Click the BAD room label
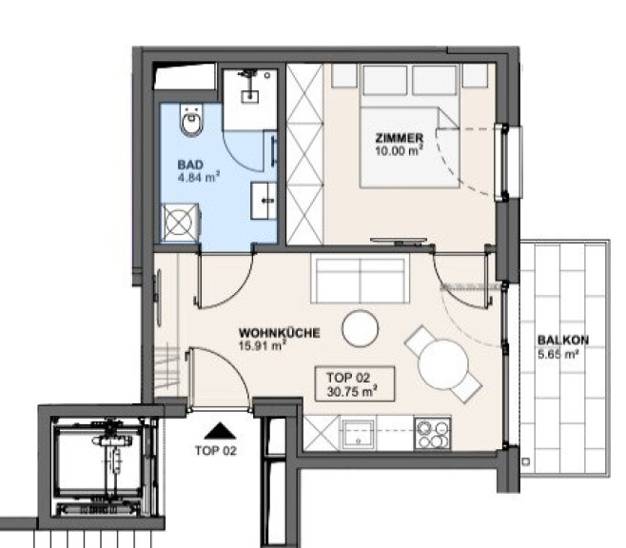(190, 165)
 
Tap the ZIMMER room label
(399, 138)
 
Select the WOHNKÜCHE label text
(279, 332)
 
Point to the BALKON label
(563, 340)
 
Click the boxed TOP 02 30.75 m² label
(355, 383)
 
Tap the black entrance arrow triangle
(220, 432)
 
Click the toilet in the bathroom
(191, 120)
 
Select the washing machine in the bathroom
(180, 223)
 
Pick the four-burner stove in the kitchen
(433, 434)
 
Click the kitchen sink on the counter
(358, 434)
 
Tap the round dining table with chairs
(442, 364)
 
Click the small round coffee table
(361, 328)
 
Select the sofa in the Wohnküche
(361, 281)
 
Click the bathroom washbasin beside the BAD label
(264, 201)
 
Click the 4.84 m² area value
(199, 176)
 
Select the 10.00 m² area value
(399, 150)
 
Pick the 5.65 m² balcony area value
(558, 354)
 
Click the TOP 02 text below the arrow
(216, 451)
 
